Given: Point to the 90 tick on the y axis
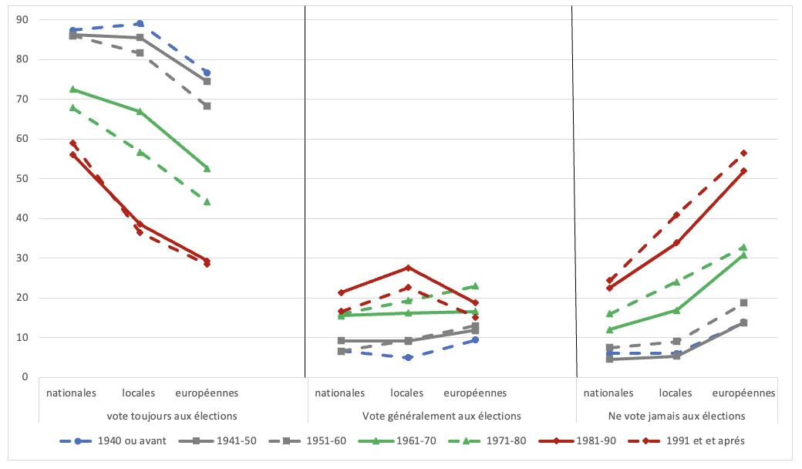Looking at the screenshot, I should pos(22,20).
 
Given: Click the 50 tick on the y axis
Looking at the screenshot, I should pos(22,179).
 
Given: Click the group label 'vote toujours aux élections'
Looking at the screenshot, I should pos(172,416).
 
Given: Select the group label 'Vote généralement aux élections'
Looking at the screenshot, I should pos(442,416).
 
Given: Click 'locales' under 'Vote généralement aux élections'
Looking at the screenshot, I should pos(408,393).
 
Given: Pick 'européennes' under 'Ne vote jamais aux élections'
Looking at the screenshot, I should pos(743,393).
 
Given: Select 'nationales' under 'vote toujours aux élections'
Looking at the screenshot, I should pos(72,393).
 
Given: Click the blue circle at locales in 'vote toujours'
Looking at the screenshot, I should pos(140,24).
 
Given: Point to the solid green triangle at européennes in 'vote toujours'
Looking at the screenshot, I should pos(207,168).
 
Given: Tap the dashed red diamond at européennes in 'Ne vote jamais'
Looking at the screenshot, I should pos(743,153).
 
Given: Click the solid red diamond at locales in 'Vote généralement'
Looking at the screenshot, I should pos(408,268).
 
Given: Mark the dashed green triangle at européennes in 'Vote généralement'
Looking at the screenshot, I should pos(475,286).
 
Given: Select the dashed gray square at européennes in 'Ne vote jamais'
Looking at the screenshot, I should pos(743,302).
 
